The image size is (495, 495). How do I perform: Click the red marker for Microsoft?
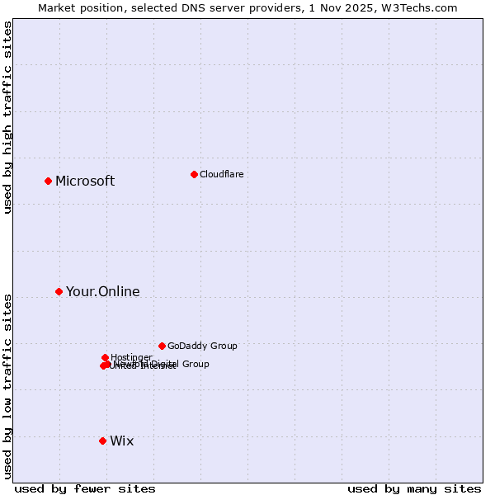[48, 181]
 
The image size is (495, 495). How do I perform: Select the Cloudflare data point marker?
[194, 174]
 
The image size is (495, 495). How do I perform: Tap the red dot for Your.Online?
[59, 291]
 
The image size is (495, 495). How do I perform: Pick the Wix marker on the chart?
[102, 441]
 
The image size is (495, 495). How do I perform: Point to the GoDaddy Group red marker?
[162, 346]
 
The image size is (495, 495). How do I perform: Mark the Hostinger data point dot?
[105, 357]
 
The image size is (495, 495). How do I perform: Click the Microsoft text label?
[85, 181]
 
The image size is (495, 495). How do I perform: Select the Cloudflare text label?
[221, 174]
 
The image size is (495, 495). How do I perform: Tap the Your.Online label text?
[103, 291]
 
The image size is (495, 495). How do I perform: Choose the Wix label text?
[121, 441]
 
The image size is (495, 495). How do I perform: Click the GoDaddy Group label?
[202, 346]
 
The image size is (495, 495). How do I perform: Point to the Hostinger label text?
[131, 357]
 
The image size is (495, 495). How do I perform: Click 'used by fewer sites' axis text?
[85, 488]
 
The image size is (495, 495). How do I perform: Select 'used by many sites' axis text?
[414, 488]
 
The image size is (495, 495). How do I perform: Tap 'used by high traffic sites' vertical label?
[7, 117]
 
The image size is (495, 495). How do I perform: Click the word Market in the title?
[57, 7]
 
